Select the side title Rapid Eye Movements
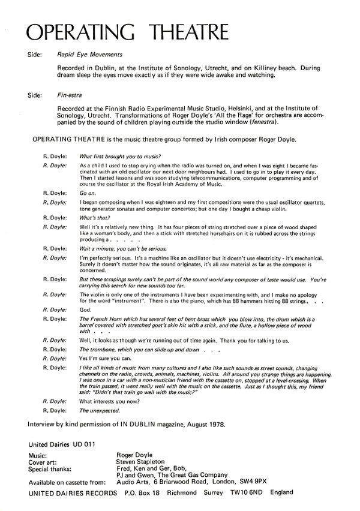pos(85,53)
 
